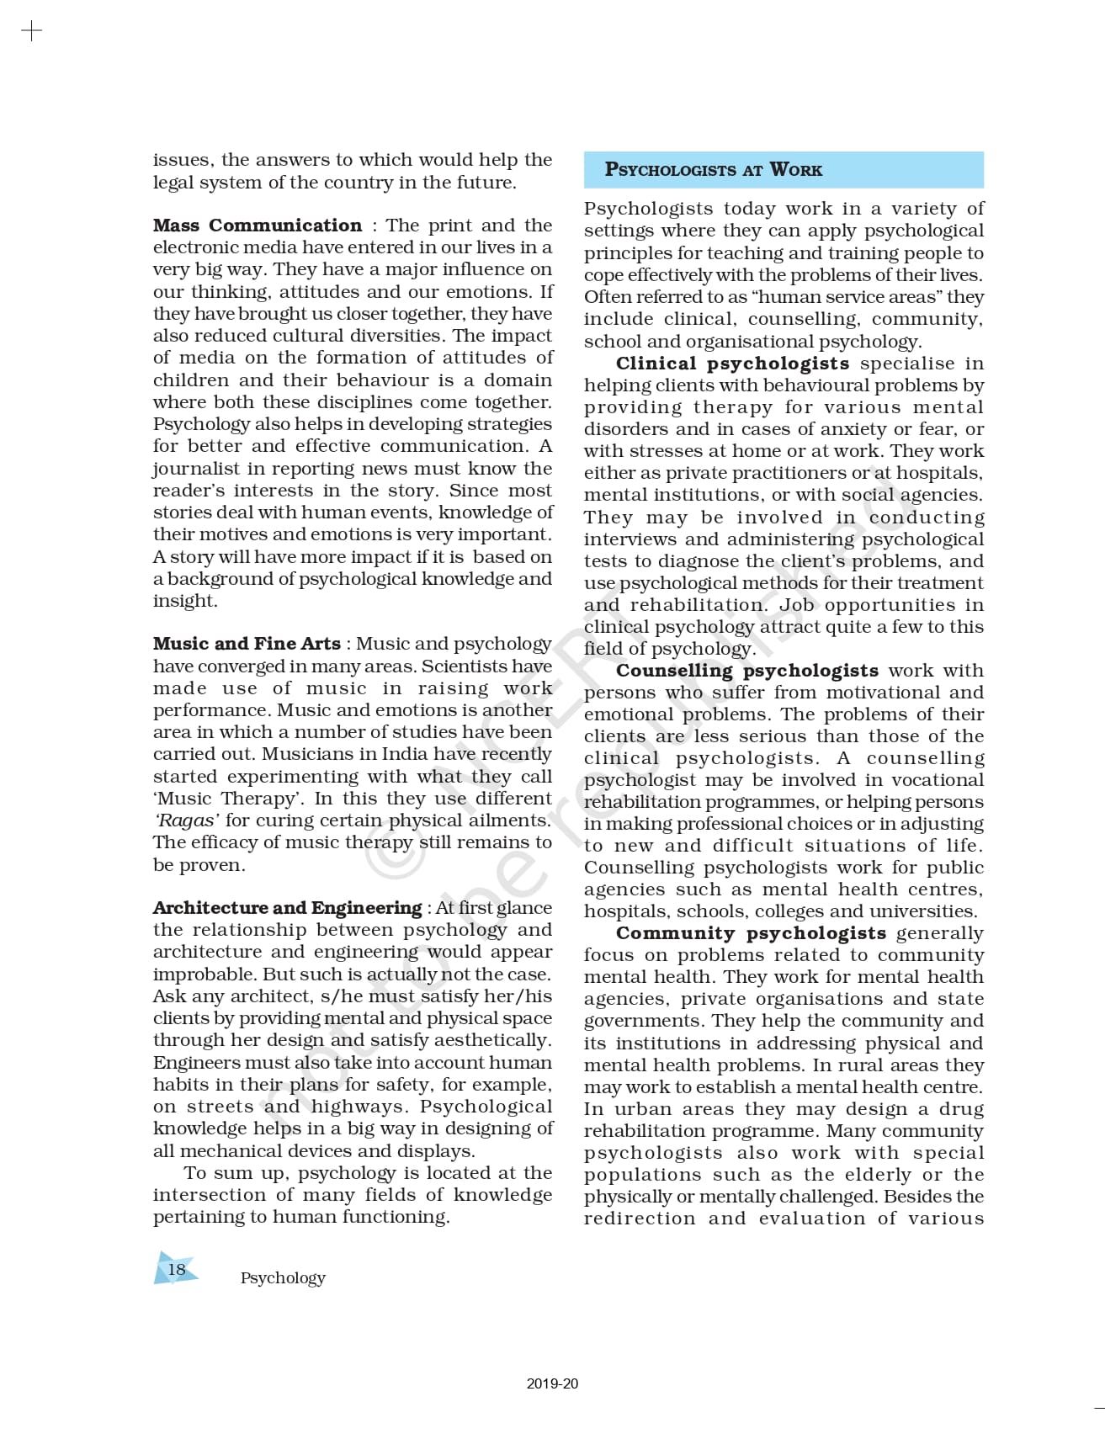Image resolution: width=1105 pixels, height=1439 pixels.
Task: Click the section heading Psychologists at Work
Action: point(713,169)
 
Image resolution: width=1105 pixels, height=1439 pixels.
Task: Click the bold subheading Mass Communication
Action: point(257,226)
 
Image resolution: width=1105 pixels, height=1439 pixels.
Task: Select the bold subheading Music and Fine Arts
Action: point(247,644)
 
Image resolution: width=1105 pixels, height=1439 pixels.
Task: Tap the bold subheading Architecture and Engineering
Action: point(287,908)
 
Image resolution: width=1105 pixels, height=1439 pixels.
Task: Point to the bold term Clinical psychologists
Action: point(732,364)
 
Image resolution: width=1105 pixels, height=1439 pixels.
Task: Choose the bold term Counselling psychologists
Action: point(746,671)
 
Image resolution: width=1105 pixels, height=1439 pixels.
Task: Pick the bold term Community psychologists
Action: point(751,933)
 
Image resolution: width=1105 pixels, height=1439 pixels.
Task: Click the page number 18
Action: point(177,1269)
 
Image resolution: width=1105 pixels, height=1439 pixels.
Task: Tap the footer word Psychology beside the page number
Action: point(283,1277)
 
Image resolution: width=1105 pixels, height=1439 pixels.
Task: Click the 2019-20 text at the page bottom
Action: point(552,1383)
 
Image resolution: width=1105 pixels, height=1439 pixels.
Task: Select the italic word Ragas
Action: point(187,820)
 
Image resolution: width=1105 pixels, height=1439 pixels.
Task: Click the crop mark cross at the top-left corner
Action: point(31,32)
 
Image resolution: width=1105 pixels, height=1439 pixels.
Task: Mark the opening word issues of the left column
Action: point(182,160)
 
